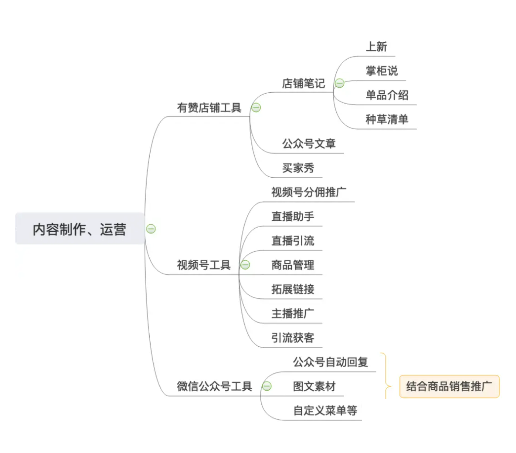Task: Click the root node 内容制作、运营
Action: coord(79,229)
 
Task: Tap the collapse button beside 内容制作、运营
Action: coord(151,229)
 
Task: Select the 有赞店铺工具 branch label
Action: coord(209,108)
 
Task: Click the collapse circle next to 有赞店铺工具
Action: coord(256,108)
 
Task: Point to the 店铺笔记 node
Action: coord(303,83)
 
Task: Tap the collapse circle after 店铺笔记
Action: coord(340,83)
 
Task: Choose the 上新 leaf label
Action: coord(376,47)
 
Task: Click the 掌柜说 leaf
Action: coord(381,71)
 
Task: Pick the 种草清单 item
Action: coord(387,119)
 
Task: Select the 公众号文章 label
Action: coord(309,144)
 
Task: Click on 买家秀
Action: coord(298,168)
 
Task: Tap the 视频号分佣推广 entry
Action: coord(309,192)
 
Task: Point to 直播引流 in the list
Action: coord(293,241)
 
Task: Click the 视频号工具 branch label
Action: coord(204,265)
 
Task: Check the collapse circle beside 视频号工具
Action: coord(245,265)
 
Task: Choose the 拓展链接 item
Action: coord(293,289)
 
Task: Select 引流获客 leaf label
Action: coord(293,338)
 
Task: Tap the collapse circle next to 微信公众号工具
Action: coord(267,386)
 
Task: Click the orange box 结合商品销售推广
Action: coord(449,386)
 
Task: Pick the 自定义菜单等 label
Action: coord(325,410)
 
